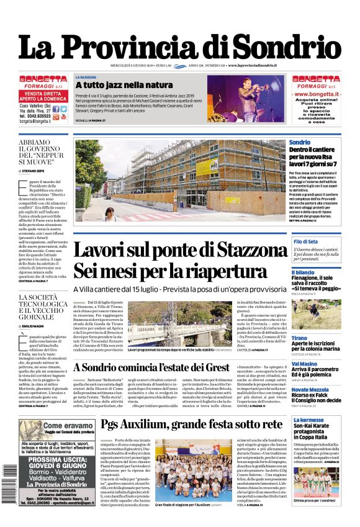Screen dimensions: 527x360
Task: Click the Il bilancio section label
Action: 303,273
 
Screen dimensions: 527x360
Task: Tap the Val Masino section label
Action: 305,364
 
